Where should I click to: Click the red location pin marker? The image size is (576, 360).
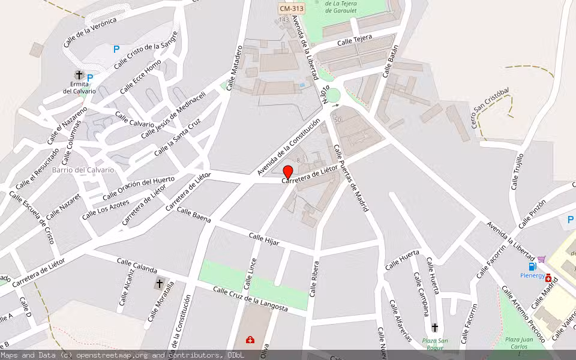[x=287, y=172]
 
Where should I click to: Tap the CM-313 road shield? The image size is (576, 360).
[x=291, y=8]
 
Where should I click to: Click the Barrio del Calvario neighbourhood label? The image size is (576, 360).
[x=83, y=170]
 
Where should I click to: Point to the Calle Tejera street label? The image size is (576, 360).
[x=354, y=41]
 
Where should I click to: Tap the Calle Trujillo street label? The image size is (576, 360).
[x=517, y=171]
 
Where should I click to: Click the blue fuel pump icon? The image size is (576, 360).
[x=532, y=266]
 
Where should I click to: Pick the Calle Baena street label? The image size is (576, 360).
[x=193, y=216]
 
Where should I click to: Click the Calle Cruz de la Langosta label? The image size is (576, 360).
[x=250, y=299]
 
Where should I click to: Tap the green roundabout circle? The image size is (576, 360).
[x=332, y=95]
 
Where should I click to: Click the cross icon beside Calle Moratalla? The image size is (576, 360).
[x=159, y=283]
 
